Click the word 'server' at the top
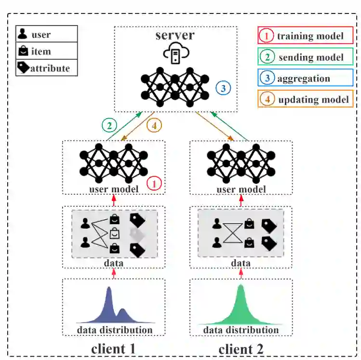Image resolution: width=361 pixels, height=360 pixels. (x=175, y=35)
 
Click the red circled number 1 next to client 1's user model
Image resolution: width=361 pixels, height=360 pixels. (x=154, y=183)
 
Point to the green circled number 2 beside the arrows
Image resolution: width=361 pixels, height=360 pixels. (x=109, y=125)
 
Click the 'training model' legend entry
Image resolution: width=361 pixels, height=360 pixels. (x=306, y=35)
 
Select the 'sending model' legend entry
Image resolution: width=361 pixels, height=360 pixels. (x=306, y=57)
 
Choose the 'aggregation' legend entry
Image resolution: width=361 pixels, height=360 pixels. (x=306, y=79)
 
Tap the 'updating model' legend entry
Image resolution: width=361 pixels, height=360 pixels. (x=306, y=100)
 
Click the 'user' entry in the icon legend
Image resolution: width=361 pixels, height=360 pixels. (x=46, y=35)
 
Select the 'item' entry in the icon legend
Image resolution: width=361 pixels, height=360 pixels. (x=46, y=51)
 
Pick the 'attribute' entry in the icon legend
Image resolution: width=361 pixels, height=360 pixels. (x=46, y=68)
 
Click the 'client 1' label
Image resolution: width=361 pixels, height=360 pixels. (x=114, y=348)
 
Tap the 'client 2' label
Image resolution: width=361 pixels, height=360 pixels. (x=241, y=348)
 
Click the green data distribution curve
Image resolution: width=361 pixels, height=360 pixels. (x=241, y=308)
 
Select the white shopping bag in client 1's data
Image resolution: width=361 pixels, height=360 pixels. (x=114, y=234)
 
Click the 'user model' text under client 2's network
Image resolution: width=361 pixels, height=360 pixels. (x=241, y=189)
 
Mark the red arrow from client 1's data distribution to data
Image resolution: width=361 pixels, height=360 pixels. (x=114, y=273)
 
